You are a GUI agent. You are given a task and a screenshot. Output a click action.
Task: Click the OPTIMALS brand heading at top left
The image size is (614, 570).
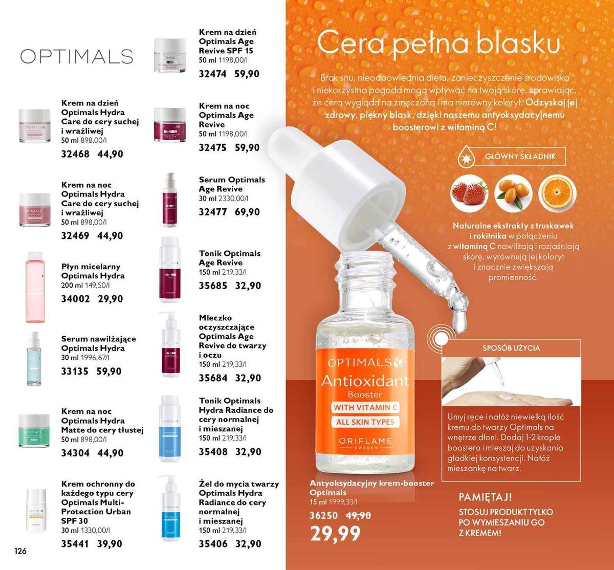point(77,56)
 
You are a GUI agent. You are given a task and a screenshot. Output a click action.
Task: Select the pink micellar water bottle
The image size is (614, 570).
point(35,287)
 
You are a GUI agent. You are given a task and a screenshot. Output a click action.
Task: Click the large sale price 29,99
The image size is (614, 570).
point(335,534)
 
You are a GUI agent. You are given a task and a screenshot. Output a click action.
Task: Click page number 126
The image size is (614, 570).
point(20,551)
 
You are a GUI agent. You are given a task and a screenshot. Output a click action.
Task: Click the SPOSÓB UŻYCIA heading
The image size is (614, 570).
point(511,348)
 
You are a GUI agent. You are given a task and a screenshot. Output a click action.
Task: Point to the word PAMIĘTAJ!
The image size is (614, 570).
point(485,497)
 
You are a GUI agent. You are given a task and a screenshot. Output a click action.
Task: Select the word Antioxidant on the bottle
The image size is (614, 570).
point(365,381)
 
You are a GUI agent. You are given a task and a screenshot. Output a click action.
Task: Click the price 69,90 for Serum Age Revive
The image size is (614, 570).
point(247,212)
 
